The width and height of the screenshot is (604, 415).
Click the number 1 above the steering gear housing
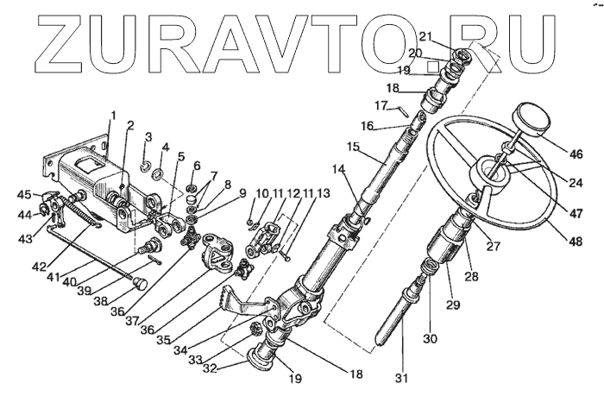point(112,115)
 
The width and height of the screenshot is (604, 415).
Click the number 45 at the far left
point(24,195)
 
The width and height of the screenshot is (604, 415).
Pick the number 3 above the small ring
point(148,137)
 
